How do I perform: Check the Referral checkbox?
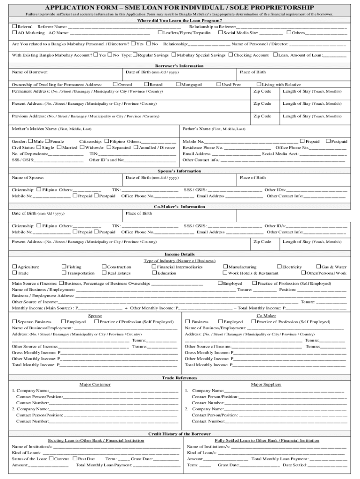click(14, 27)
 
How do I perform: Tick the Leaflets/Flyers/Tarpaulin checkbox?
click(160, 33)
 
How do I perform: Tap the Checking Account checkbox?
click(230, 55)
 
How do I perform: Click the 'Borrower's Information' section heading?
click(180, 66)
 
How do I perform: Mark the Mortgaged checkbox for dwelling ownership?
click(178, 84)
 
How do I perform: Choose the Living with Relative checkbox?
click(259, 84)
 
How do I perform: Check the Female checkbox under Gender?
click(47, 141)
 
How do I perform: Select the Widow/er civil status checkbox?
click(82, 147)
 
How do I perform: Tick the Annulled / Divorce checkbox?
click(136, 147)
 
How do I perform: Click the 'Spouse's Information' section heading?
click(180, 171)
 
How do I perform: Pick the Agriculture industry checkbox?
click(14, 267)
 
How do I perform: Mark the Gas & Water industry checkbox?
click(318, 267)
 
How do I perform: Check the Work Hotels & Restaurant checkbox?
click(225, 273)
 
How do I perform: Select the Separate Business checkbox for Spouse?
click(14, 321)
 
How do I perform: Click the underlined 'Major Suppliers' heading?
click(266, 385)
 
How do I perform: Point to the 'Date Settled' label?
click(295, 465)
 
